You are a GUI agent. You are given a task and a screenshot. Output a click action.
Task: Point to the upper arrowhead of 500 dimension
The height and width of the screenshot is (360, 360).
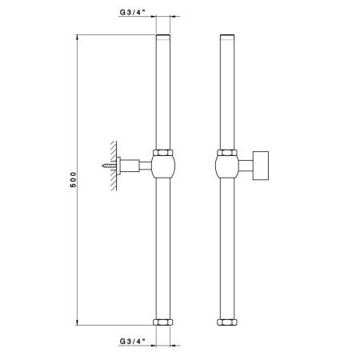coord(78,38)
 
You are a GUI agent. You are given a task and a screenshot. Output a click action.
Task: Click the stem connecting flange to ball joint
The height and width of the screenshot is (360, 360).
coord(138,166)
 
